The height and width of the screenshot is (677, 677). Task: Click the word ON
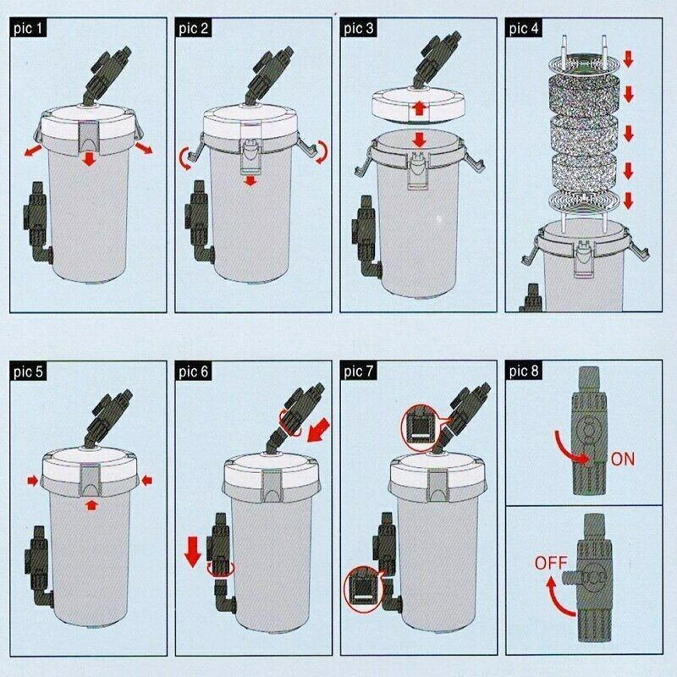click(x=623, y=460)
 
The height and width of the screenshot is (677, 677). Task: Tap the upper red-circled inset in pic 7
click(x=419, y=424)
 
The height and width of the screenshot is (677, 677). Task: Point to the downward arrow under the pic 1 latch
click(x=89, y=159)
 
